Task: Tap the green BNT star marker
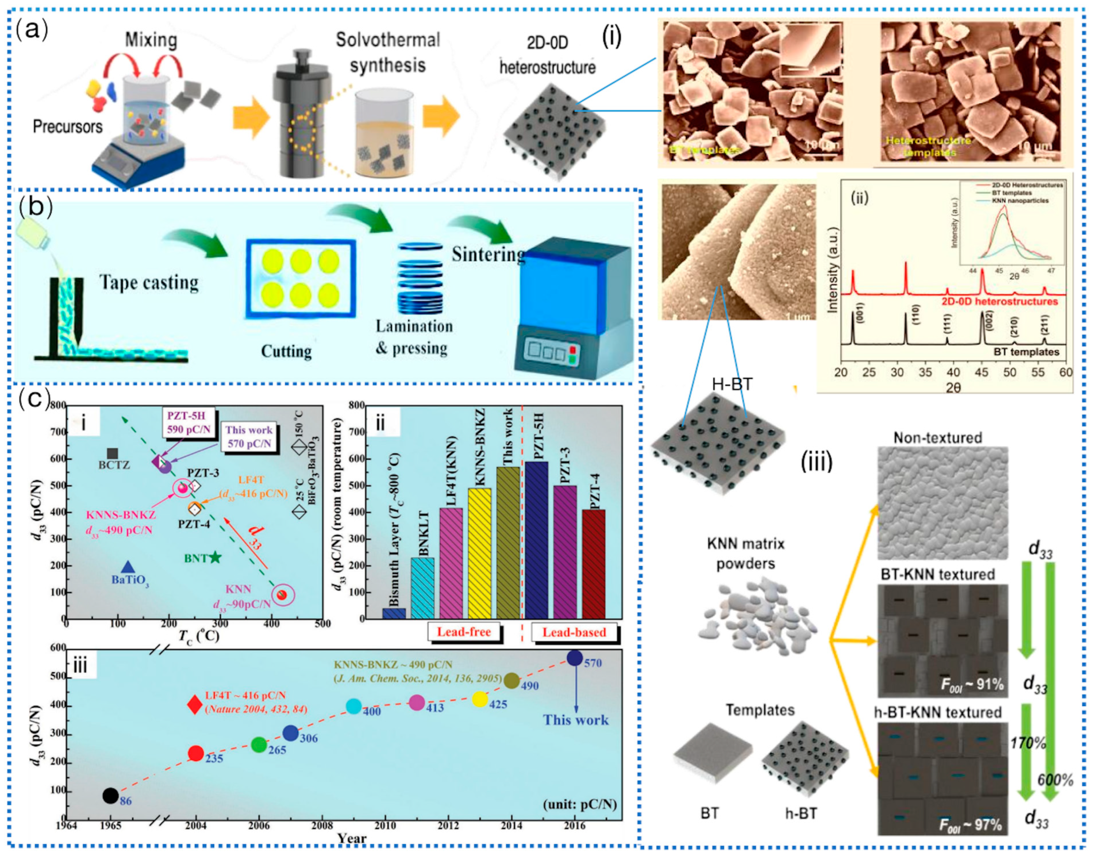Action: [215, 557]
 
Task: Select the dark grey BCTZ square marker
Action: [113, 454]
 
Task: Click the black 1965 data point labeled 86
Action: [111, 795]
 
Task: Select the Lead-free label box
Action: [464, 632]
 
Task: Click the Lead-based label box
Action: [574, 632]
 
